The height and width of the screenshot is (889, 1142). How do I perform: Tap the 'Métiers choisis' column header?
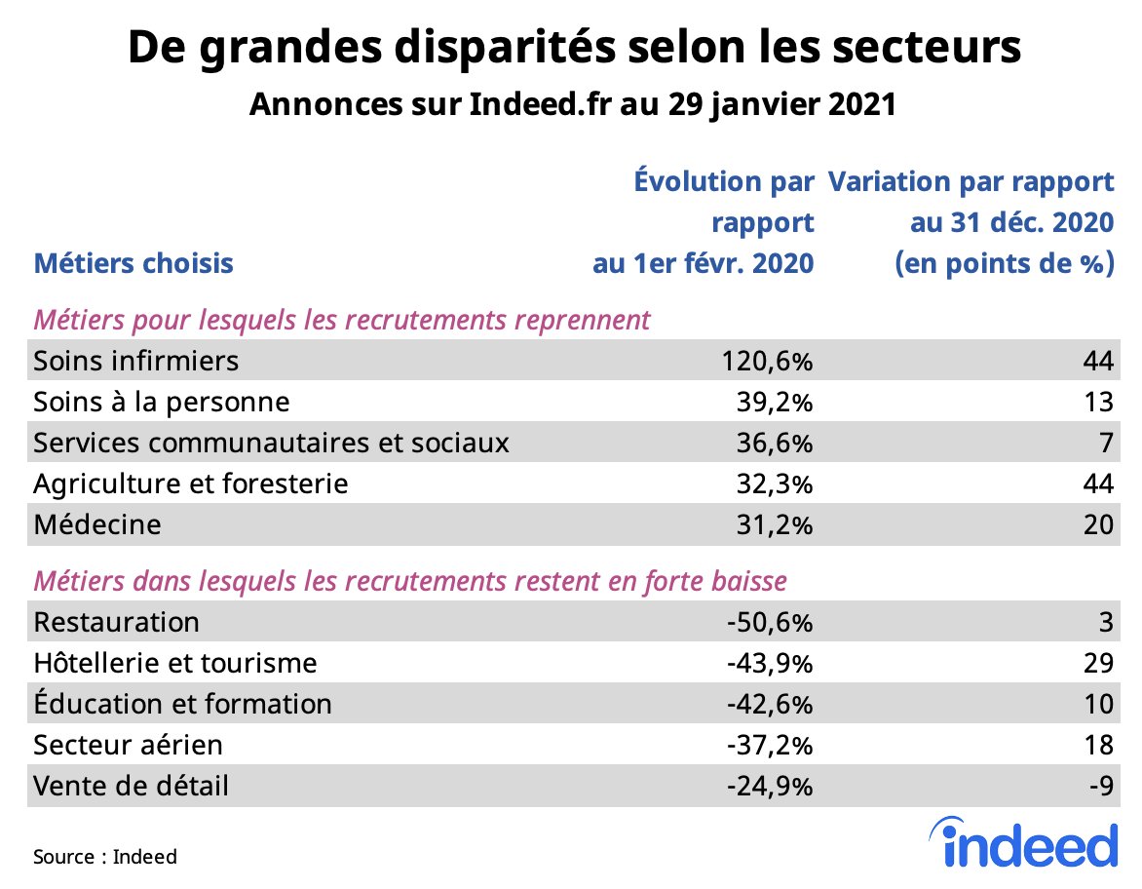click(x=133, y=263)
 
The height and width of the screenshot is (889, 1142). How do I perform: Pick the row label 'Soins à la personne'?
click(x=161, y=402)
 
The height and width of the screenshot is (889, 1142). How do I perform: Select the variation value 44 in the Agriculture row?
click(x=1097, y=483)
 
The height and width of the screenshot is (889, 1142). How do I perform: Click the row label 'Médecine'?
click(x=96, y=524)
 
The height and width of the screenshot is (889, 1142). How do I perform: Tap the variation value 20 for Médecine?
click(x=1097, y=524)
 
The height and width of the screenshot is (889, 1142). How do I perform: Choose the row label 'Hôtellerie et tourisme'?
click(x=175, y=663)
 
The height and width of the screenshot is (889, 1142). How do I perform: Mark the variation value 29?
click(x=1097, y=663)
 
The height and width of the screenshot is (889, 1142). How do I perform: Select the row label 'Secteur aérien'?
click(x=128, y=745)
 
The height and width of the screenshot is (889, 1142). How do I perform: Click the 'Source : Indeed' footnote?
click(x=105, y=857)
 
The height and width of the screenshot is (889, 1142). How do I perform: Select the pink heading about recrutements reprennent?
click(x=342, y=320)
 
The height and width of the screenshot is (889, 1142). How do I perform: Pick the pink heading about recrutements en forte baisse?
click(x=410, y=581)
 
